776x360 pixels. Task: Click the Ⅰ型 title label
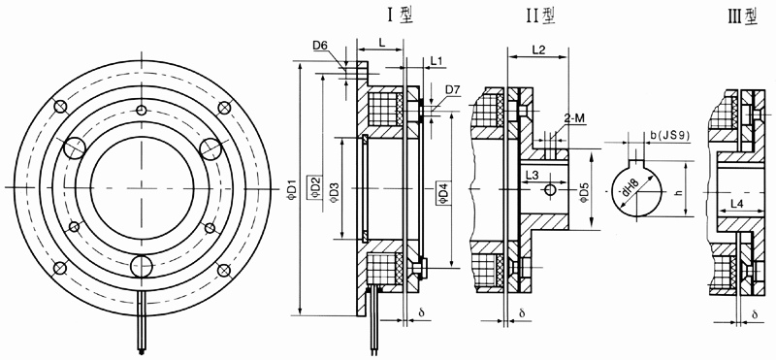(x=400, y=16)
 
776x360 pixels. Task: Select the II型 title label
(x=540, y=16)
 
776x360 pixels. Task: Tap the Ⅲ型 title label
(x=743, y=16)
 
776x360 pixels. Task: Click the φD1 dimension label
(x=292, y=188)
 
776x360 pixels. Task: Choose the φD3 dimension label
(x=334, y=188)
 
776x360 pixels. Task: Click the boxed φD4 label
(x=443, y=194)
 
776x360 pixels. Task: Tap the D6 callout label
(x=320, y=46)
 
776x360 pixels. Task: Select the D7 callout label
(x=453, y=90)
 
